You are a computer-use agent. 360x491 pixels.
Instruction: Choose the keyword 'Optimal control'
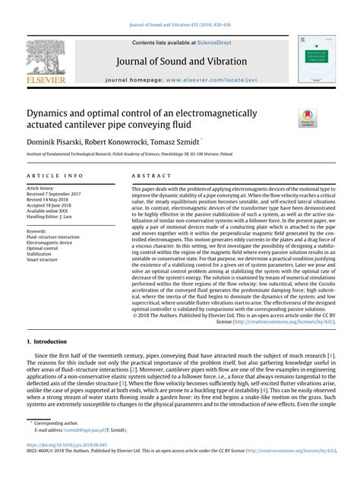tap(42, 248)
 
